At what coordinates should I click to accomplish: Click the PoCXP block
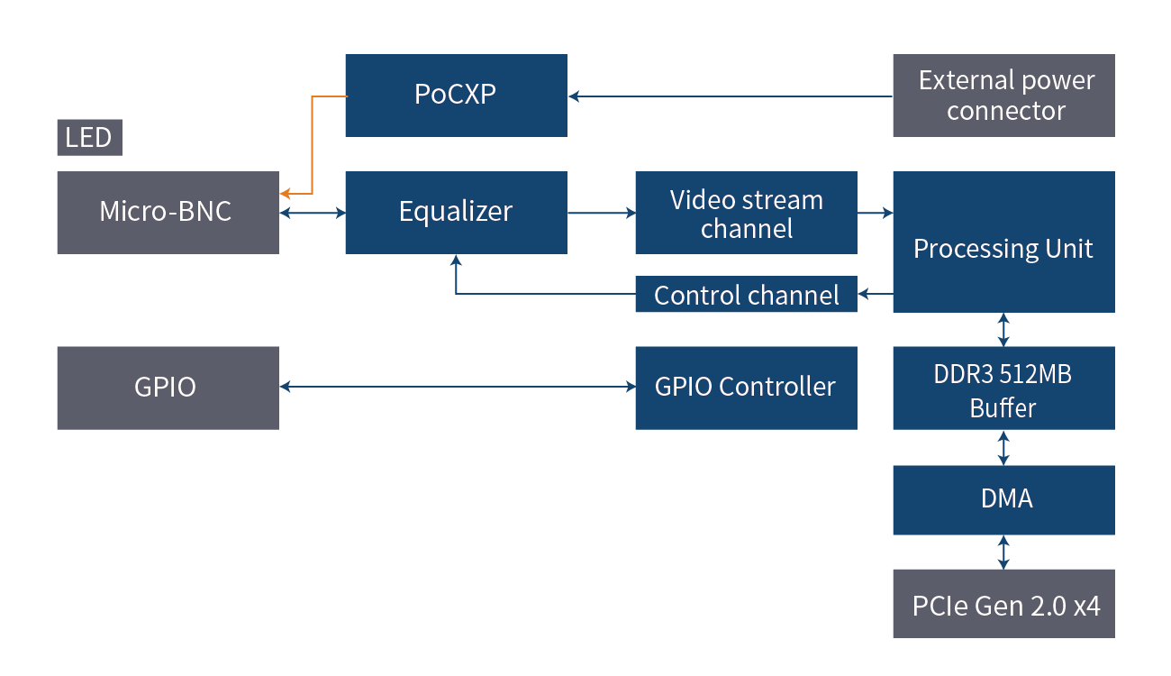[456, 96]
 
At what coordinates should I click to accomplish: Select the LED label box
[89, 138]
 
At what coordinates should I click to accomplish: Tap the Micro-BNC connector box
[168, 213]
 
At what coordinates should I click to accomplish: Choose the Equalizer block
[456, 213]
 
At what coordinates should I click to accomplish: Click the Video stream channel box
[746, 213]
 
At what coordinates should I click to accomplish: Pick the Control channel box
[746, 295]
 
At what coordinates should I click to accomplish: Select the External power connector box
[1003, 96]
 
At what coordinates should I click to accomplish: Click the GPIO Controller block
[746, 388]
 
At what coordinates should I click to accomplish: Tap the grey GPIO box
[168, 388]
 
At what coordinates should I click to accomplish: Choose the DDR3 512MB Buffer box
[1003, 388]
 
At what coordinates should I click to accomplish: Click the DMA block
[1003, 499]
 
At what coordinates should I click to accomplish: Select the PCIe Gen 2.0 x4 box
[1003, 604]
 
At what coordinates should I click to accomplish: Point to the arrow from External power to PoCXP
[730, 96]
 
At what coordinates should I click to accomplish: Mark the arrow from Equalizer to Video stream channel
[601, 213]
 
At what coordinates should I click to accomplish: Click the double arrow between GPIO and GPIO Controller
[457, 387]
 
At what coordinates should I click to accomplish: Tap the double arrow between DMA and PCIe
[1003, 552]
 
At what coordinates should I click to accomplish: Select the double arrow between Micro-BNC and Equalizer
[313, 214]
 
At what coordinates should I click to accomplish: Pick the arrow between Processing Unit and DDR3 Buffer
[1003, 329]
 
